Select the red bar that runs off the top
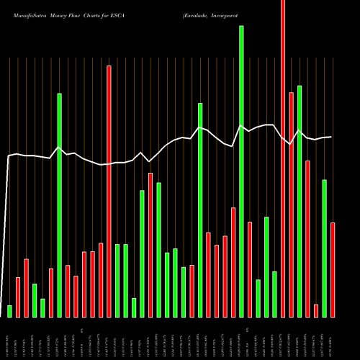click(283, 158)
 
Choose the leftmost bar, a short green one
click(10, 311)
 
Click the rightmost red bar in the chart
click(333, 270)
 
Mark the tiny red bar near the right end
click(316, 310)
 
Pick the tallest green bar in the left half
click(60, 205)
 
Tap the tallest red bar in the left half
click(109, 191)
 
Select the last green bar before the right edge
click(324, 248)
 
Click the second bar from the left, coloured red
click(18, 297)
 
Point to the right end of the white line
click(331, 137)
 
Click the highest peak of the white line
click(241, 126)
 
